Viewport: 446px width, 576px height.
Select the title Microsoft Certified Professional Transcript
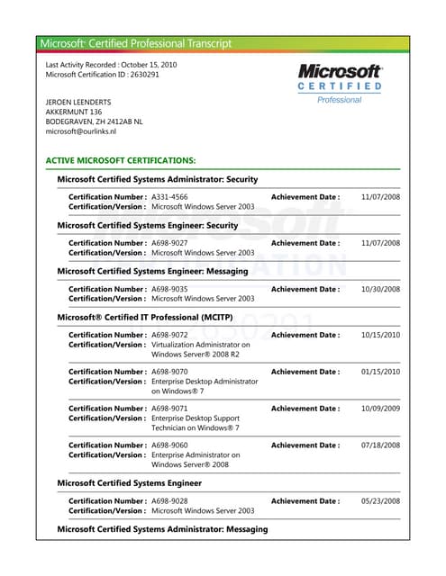[x=135, y=43]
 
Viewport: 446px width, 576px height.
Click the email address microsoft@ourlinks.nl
[x=88, y=131]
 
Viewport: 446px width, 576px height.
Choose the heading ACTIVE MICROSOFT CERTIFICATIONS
[x=121, y=160]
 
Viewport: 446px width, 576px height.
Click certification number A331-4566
[x=169, y=196]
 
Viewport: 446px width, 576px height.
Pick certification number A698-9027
[x=169, y=243]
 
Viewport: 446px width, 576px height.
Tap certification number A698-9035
[x=169, y=289]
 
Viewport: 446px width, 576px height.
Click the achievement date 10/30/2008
[x=380, y=289]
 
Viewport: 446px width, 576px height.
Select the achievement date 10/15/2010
[x=380, y=335]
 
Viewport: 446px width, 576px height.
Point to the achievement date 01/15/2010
[x=380, y=372]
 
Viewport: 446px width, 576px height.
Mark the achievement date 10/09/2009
[x=380, y=409]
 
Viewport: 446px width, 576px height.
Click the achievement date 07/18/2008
[x=380, y=445]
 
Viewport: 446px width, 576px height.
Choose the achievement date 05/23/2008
[x=380, y=501]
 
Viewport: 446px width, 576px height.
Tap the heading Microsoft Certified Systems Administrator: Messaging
[x=162, y=529]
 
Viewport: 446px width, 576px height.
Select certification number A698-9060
[x=169, y=445]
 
